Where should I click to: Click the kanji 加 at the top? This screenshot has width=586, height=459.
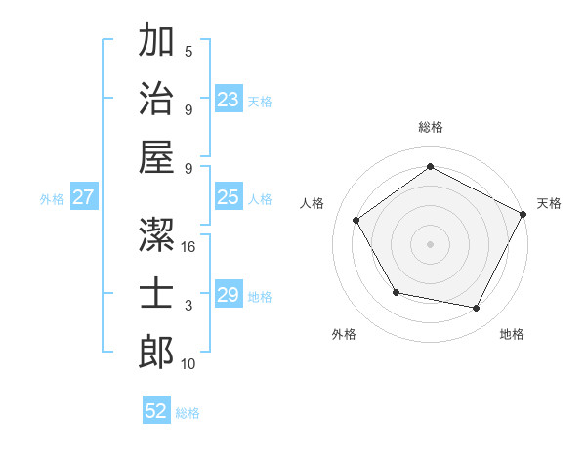point(156,42)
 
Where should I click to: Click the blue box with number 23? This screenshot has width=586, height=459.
point(229,99)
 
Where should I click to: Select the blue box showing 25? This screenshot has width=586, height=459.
point(229,197)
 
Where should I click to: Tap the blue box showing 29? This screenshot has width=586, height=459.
point(229,295)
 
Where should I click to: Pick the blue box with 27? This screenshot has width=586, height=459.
point(84,197)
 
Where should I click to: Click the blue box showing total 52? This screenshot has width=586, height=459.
point(156,411)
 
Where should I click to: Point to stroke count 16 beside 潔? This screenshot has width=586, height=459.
point(189,247)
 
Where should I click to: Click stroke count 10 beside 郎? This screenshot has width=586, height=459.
point(189,364)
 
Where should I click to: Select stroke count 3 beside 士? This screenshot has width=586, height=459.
point(188,306)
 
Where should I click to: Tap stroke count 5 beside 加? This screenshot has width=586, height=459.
point(188,51)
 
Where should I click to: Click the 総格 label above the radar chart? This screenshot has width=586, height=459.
point(431,127)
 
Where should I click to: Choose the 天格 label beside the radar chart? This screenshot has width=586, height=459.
point(549,203)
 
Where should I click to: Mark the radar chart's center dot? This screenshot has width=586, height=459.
point(431,243)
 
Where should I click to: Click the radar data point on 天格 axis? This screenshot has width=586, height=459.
point(523,214)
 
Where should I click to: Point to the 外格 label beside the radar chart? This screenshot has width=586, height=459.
point(344,334)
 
